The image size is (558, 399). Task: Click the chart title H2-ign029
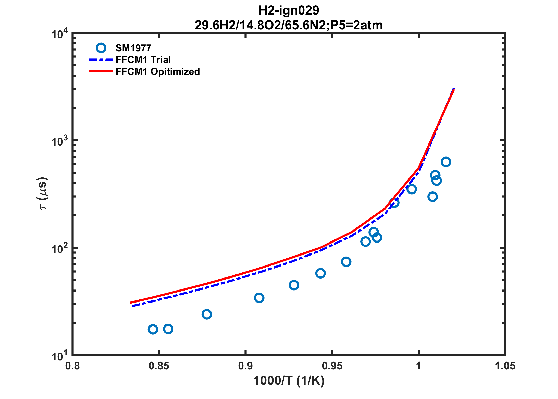(x=289, y=10)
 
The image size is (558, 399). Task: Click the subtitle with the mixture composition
(x=289, y=25)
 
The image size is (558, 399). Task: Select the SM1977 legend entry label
(x=133, y=48)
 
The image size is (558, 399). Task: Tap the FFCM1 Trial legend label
(x=143, y=60)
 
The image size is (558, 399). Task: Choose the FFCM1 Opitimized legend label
(x=158, y=71)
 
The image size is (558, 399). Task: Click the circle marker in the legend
(x=101, y=48)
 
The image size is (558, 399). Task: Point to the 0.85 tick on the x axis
(x=159, y=366)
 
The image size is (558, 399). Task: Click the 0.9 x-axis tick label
(x=245, y=366)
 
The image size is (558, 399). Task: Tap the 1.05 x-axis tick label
(x=505, y=366)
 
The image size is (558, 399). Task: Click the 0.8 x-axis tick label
(x=72, y=366)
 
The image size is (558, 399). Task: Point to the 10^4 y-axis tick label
(x=60, y=34)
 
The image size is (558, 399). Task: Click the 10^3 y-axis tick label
(x=60, y=141)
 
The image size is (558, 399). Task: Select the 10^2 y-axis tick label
(x=60, y=249)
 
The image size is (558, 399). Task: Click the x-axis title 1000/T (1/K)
(x=289, y=381)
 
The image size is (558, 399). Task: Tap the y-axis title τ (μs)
(x=43, y=193)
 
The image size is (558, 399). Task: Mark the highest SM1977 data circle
(x=446, y=162)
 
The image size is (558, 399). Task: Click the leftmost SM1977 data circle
(x=153, y=329)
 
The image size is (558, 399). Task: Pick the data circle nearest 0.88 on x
(x=207, y=314)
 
